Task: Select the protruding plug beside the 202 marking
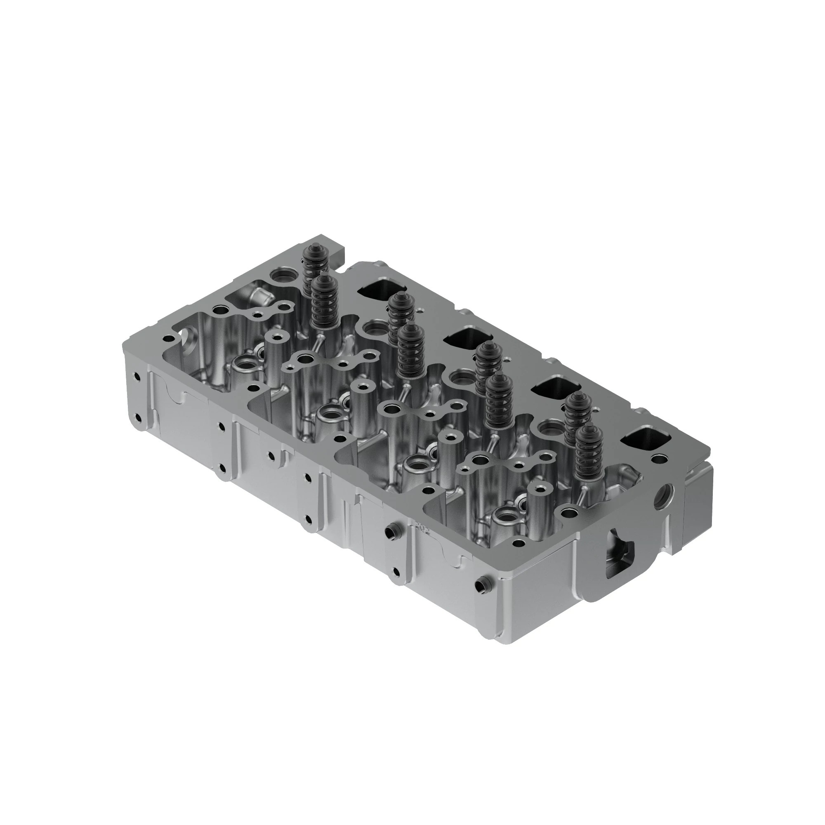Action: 389,532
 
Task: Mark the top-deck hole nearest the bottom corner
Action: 519,544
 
